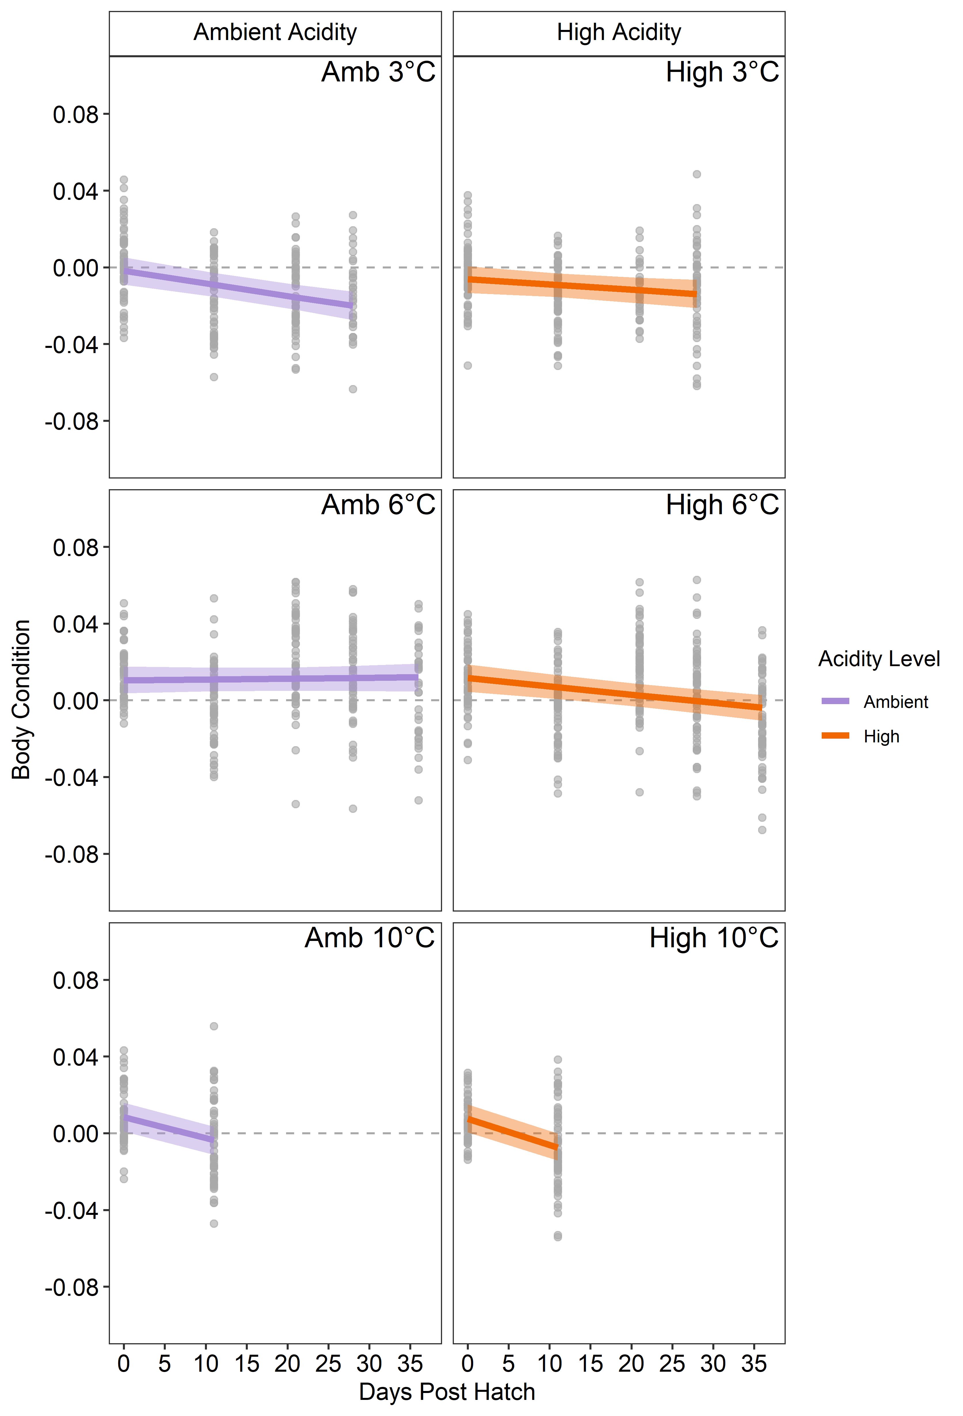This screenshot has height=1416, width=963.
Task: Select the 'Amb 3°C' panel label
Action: (x=378, y=73)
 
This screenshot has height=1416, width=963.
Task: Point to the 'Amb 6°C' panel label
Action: (x=378, y=505)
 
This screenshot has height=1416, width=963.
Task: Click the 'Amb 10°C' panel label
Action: (x=369, y=938)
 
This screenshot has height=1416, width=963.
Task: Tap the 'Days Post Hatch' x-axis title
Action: (x=447, y=1392)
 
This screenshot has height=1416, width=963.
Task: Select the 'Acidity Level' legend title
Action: (x=878, y=659)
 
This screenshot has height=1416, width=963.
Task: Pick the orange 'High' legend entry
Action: (x=881, y=737)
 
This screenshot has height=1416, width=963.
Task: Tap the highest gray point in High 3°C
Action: (x=697, y=174)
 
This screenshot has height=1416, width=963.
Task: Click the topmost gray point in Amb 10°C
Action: (x=214, y=1026)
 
